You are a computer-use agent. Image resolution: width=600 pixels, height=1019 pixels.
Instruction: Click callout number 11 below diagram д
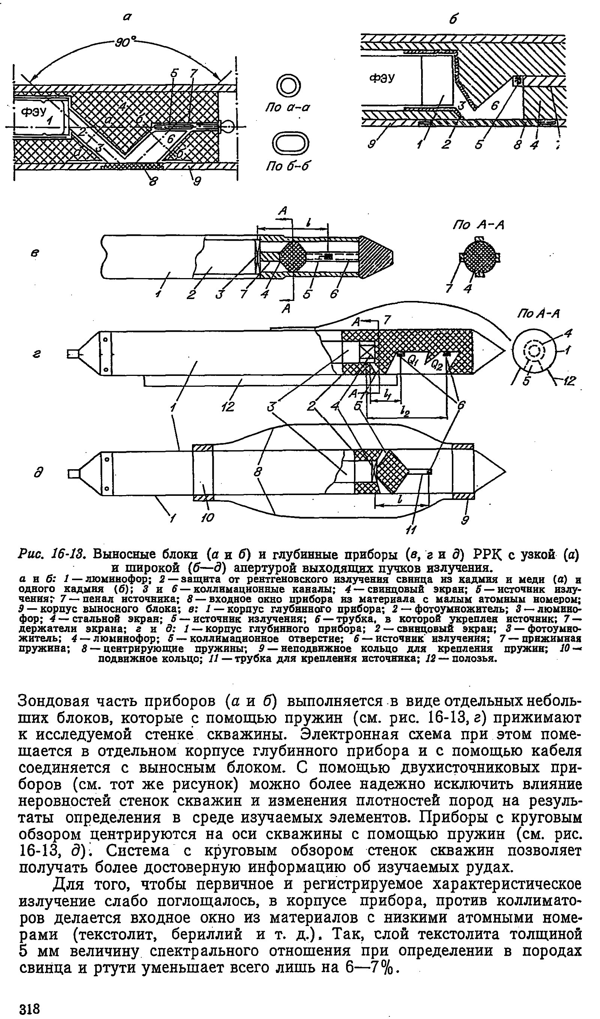(411, 529)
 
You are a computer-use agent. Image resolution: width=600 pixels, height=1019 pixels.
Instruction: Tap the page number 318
(30, 1007)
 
